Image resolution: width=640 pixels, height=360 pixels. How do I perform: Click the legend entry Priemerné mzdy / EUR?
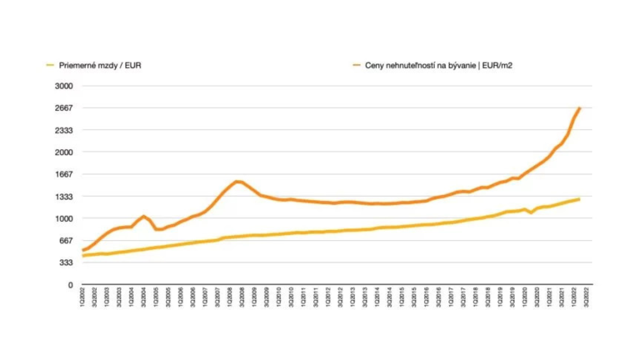click(100, 65)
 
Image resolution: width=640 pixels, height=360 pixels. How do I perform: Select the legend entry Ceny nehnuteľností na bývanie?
click(438, 65)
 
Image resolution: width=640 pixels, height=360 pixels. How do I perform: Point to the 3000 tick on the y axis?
click(64, 86)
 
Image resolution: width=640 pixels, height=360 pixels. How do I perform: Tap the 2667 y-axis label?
click(64, 108)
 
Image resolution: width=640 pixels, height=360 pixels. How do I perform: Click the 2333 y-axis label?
click(64, 130)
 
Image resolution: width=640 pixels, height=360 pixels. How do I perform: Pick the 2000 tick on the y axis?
click(64, 152)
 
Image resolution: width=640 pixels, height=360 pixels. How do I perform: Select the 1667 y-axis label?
click(64, 174)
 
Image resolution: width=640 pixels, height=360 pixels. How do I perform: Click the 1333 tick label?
click(64, 197)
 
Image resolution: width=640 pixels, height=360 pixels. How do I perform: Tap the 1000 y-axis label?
click(64, 219)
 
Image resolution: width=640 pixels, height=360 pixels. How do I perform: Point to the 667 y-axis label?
click(66, 241)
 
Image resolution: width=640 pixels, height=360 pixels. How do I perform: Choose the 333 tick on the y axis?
click(66, 263)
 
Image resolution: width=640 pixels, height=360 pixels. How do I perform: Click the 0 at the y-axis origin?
click(70, 285)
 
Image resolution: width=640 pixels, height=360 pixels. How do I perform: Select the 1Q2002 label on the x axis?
click(82, 297)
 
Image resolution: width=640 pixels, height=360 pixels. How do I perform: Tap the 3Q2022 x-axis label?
click(586, 297)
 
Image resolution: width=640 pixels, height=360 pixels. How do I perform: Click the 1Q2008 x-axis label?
click(230, 297)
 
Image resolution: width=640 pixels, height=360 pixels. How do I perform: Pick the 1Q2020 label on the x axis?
click(525, 297)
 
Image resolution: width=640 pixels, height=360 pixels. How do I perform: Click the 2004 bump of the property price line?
click(144, 216)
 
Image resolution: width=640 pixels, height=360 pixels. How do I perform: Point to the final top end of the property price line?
click(580, 108)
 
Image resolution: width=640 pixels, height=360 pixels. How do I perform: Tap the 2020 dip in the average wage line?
click(531, 212)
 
